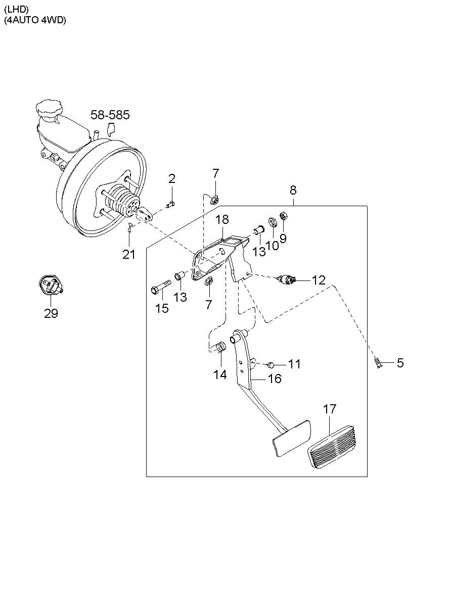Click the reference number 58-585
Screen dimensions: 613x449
(110, 115)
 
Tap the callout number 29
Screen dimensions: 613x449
(51, 314)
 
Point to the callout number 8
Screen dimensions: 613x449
(293, 191)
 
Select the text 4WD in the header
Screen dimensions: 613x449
(54, 21)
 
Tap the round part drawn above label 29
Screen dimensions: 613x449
(51, 286)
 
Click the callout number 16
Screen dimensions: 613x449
(274, 379)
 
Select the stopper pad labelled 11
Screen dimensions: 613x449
(271, 364)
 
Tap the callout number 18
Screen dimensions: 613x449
(222, 219)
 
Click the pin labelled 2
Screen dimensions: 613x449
(171, 203)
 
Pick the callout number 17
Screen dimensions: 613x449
(329, 409)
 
